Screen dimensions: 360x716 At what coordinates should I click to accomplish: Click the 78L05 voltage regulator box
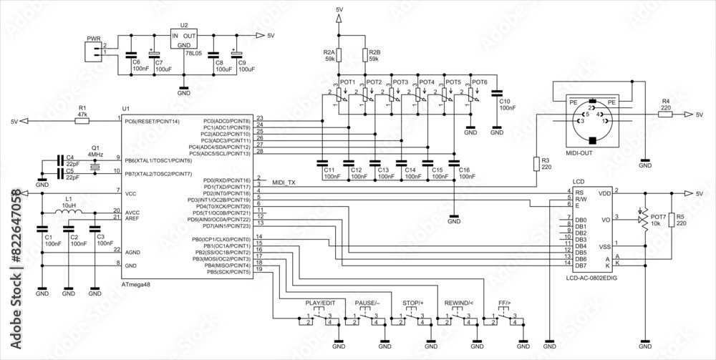184,39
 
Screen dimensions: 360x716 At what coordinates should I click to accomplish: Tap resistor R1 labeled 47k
82,122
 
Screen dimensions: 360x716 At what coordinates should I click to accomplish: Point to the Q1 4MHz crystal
95,167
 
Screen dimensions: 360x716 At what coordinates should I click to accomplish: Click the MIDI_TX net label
284,183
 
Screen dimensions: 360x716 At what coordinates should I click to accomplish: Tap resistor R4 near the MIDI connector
665,115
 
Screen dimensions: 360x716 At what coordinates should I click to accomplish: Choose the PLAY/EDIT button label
320,303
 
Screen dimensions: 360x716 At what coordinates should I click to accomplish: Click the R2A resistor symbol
339,54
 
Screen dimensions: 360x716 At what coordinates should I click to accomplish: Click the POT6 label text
479,82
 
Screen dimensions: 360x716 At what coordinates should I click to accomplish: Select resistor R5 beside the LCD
670,220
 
